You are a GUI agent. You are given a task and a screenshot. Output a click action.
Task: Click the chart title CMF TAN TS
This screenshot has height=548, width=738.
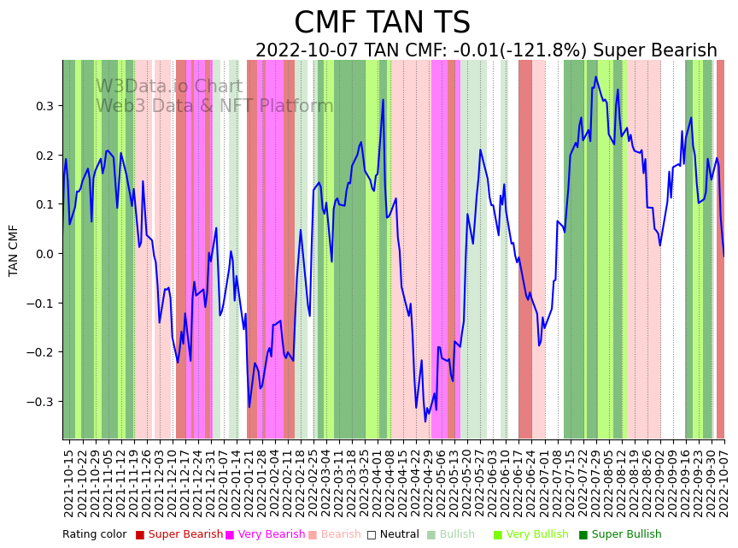[382, 23]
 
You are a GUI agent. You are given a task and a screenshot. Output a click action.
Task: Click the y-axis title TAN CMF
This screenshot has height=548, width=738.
[14, 250]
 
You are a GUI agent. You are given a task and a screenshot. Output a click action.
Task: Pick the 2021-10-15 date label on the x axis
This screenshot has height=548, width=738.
[69, 482]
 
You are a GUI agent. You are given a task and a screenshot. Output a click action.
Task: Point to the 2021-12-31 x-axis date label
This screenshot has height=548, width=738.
[211, 482]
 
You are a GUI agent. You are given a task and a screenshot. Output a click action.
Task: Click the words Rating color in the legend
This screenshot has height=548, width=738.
[94, 535]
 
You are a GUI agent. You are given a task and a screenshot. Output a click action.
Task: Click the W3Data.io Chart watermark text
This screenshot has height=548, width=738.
[169, 86]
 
